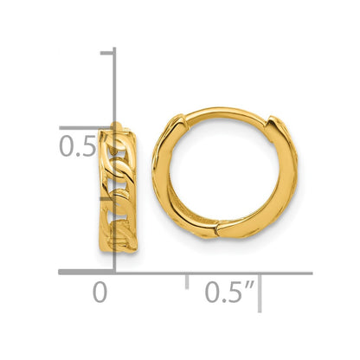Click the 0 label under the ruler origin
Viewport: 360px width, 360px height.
tap(100, 292)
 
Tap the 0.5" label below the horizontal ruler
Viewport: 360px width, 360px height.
tap(230, 292)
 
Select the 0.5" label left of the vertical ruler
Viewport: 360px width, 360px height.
tap(84, 146)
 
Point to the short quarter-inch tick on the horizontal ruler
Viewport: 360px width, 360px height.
tap(187, 280)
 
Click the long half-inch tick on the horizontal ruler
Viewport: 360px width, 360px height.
tap(260, 292)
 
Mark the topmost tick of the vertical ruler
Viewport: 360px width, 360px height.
tap(107, 53)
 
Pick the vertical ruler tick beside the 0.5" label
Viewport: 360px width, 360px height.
tap(87, 128)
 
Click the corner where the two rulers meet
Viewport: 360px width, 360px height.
tap(114, 272)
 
